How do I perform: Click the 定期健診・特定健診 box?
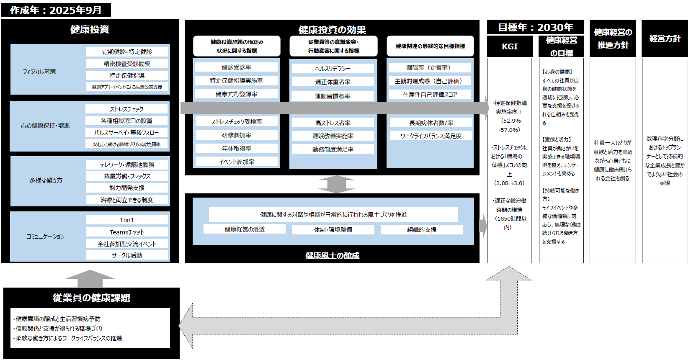pos(127,52)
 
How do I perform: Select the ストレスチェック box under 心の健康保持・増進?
pos(126,109)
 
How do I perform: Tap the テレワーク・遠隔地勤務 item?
pos(127,165)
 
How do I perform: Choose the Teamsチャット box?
pos(127,232)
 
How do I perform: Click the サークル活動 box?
pos(127,255)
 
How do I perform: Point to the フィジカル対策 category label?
pos(39,72)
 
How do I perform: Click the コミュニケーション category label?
pos(46,237)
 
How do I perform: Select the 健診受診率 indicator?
pos(236,67)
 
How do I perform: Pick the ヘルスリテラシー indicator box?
pos(333,69)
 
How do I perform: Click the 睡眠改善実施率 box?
pos(333,136)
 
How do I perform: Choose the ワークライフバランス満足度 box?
pos(431,136)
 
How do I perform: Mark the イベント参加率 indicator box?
pos(236,162)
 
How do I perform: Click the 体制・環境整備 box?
pos(333,230)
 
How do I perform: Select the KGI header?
pos(510,46)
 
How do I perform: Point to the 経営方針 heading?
pos(665,39)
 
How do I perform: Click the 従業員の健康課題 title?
pos(91,298)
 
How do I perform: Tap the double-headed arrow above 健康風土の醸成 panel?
pos(336,184)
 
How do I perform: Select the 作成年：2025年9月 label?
pos(56,10)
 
